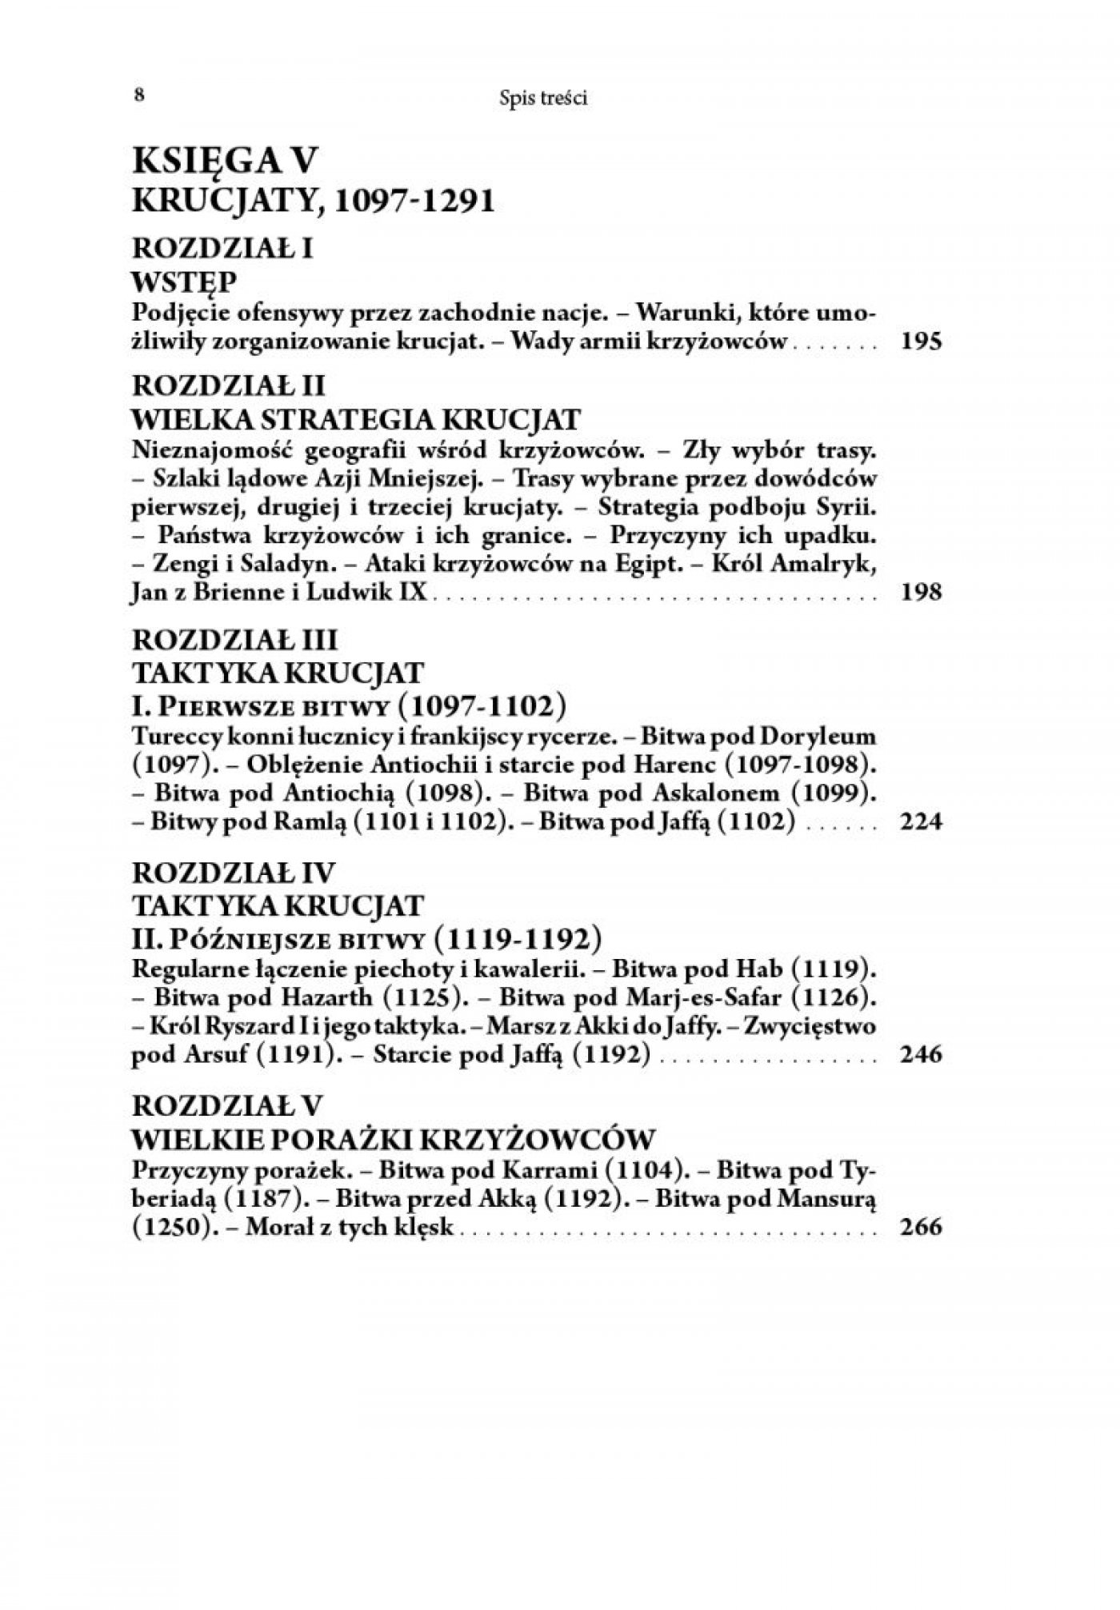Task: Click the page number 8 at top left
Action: pyautogui.click(x=139, y=95)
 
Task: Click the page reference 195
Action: pyautogui.click(x=921, y=342)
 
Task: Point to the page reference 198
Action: pyautogui.click(x=921, y=593)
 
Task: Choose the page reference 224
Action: pyautogui.click(x=921, y=822)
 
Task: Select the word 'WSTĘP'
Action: pyautogui.click(x=183, y=282)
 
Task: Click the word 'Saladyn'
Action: pyautogui.click(x=287, y=564)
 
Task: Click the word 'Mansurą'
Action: pyautogui.click(x=832, y=1199)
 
